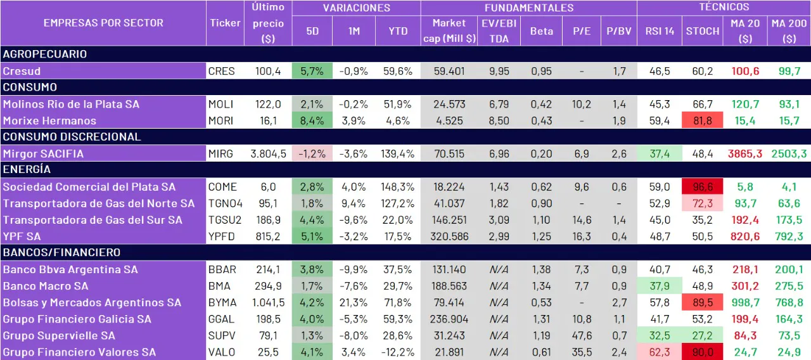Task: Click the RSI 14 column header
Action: pos(660,30)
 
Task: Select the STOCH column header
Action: pos(703,30)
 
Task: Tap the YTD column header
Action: pos(393,30)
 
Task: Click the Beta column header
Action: pos(541,30)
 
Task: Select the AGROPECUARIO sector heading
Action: pos(44,54)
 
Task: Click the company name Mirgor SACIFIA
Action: pos(43,153)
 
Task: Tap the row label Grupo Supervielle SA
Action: pos(59,335)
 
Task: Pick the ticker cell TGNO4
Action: pos(226,203)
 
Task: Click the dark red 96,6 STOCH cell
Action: pos(703,187)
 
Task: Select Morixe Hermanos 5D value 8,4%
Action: pos(312,120)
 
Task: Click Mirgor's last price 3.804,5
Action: pos(268,153)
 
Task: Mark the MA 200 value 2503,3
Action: pos(789,153)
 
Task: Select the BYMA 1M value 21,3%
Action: pos(354,302)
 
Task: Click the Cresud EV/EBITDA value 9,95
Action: pos(499,71)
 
